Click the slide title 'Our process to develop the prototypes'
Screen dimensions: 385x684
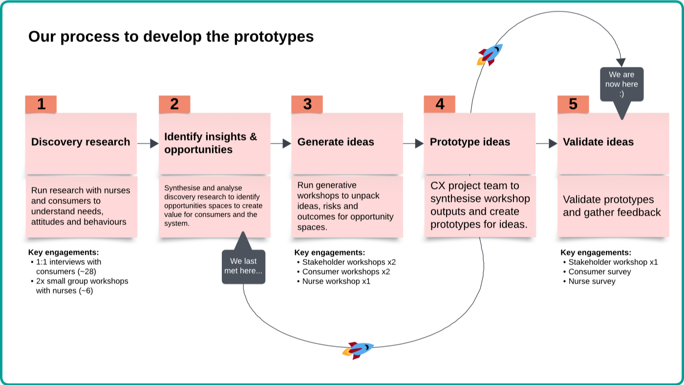click(x=171, y=37)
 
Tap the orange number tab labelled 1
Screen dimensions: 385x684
click(x=41, y=104)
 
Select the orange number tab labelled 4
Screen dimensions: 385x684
click(x=440, y=104)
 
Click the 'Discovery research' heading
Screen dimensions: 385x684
click(x=81, y=142)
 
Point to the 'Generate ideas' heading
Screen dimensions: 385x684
click(x=336, y=142)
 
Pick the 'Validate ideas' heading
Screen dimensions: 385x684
click(x=598, y=142)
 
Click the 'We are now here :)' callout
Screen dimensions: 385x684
click(x=621, y=84)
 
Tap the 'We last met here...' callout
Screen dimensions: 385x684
click(x=243, y=266)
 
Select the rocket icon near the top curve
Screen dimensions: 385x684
click(x=490, y=54)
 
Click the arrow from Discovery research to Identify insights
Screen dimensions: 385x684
click(x=148, y=143)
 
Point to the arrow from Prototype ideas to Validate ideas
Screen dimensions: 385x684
click(x=547, y=143)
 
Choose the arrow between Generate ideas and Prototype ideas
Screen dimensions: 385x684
click(x=413, y=143)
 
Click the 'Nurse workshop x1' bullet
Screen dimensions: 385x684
click(x=336, y=282)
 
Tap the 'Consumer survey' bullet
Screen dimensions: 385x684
click(x=599, y=272)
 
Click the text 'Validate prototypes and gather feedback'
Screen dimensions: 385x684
click(x=612, y=206)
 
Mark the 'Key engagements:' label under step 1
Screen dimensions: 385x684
click(x=64, y=252)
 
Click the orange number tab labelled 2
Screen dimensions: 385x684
click(x=174, y=104)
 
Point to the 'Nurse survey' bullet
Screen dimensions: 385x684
click(x=592, y=282)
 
